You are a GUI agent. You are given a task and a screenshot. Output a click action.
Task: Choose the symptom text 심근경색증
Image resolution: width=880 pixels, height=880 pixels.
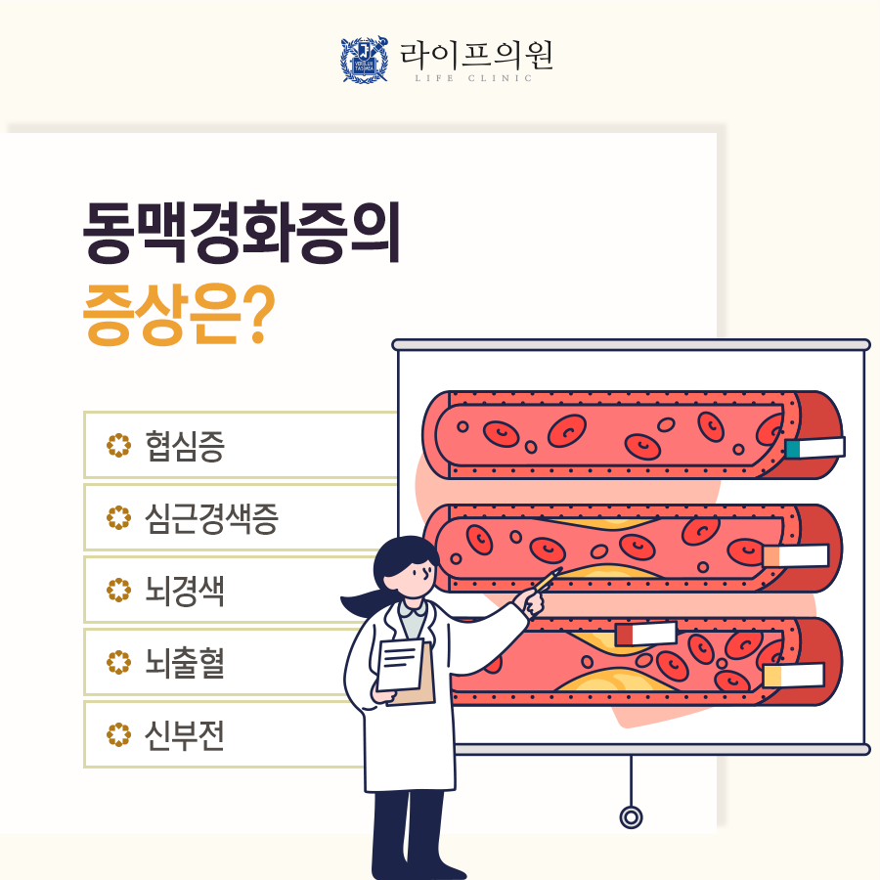pos(210,518)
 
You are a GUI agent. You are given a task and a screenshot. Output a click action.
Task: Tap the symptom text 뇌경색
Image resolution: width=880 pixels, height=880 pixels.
pos(184,591)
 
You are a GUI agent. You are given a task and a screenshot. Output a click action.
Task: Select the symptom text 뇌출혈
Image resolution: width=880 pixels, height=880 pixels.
pos(184,663)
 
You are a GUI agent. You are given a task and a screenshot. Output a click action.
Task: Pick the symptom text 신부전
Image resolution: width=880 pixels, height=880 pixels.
pos(184,735)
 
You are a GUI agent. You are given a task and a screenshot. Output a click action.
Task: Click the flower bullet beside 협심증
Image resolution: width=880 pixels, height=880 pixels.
pos(118,446)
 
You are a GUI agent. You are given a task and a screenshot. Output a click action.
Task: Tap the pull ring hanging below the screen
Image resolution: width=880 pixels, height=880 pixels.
pos(632,816)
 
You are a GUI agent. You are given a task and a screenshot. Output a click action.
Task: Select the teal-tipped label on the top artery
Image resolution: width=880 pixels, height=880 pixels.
pos(814,449)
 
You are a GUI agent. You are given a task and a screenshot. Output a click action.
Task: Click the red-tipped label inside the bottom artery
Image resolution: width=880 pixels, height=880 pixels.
pos(645,635)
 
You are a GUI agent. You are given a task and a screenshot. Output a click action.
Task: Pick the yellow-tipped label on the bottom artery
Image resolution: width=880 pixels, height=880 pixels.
pos(793,676)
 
